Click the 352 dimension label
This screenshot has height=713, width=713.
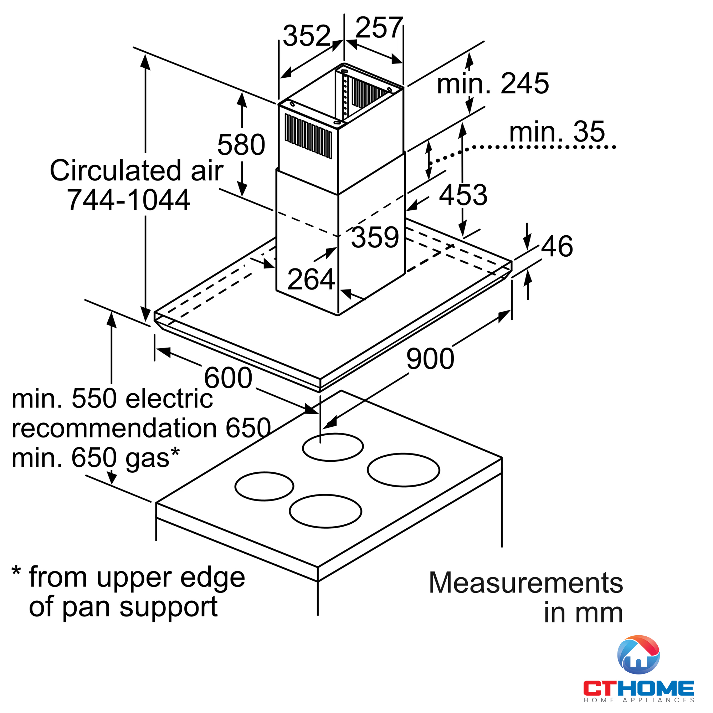(x=306, y=36)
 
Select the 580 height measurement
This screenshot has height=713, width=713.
(x=241, y=145)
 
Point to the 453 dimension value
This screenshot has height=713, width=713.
(x=463, y=195)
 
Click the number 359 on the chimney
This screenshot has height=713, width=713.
(x=375, y=237)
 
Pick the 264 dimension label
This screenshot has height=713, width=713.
(x=311, y=279)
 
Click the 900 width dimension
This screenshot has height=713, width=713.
(x=430, y=359)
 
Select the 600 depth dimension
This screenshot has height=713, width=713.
(x=228, y=378)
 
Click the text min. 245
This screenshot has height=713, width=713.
(x=493, y=84)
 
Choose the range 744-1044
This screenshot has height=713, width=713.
(x=128, y=200)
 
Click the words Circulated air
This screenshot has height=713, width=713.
(x=136, y=170)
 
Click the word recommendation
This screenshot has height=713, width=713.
(x=114, y=429)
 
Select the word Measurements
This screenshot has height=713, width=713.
(x=525, y=583)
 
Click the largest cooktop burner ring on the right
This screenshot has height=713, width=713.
(x=403, y=470)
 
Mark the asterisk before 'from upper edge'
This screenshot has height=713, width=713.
(x=16, y=571)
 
